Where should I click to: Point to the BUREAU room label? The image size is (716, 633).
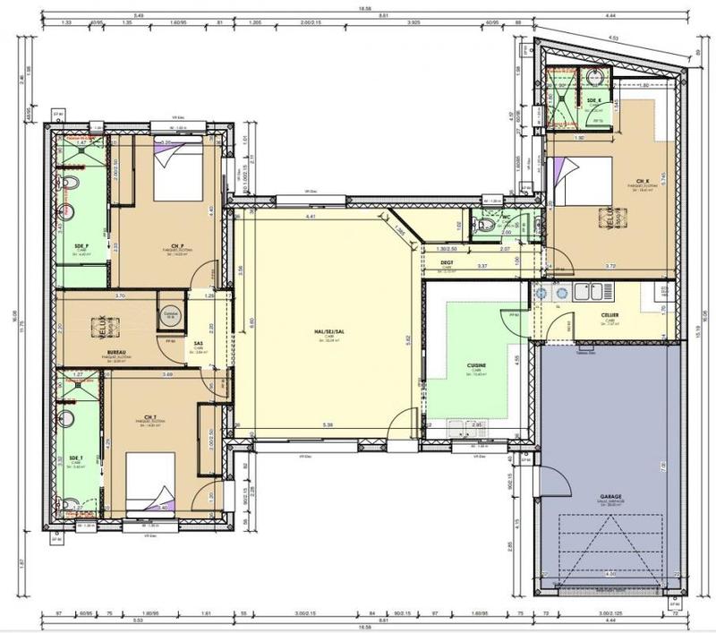point(115,353)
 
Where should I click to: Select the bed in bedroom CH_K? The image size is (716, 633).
point(583,184)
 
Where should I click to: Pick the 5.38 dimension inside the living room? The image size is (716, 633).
point(328,424)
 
